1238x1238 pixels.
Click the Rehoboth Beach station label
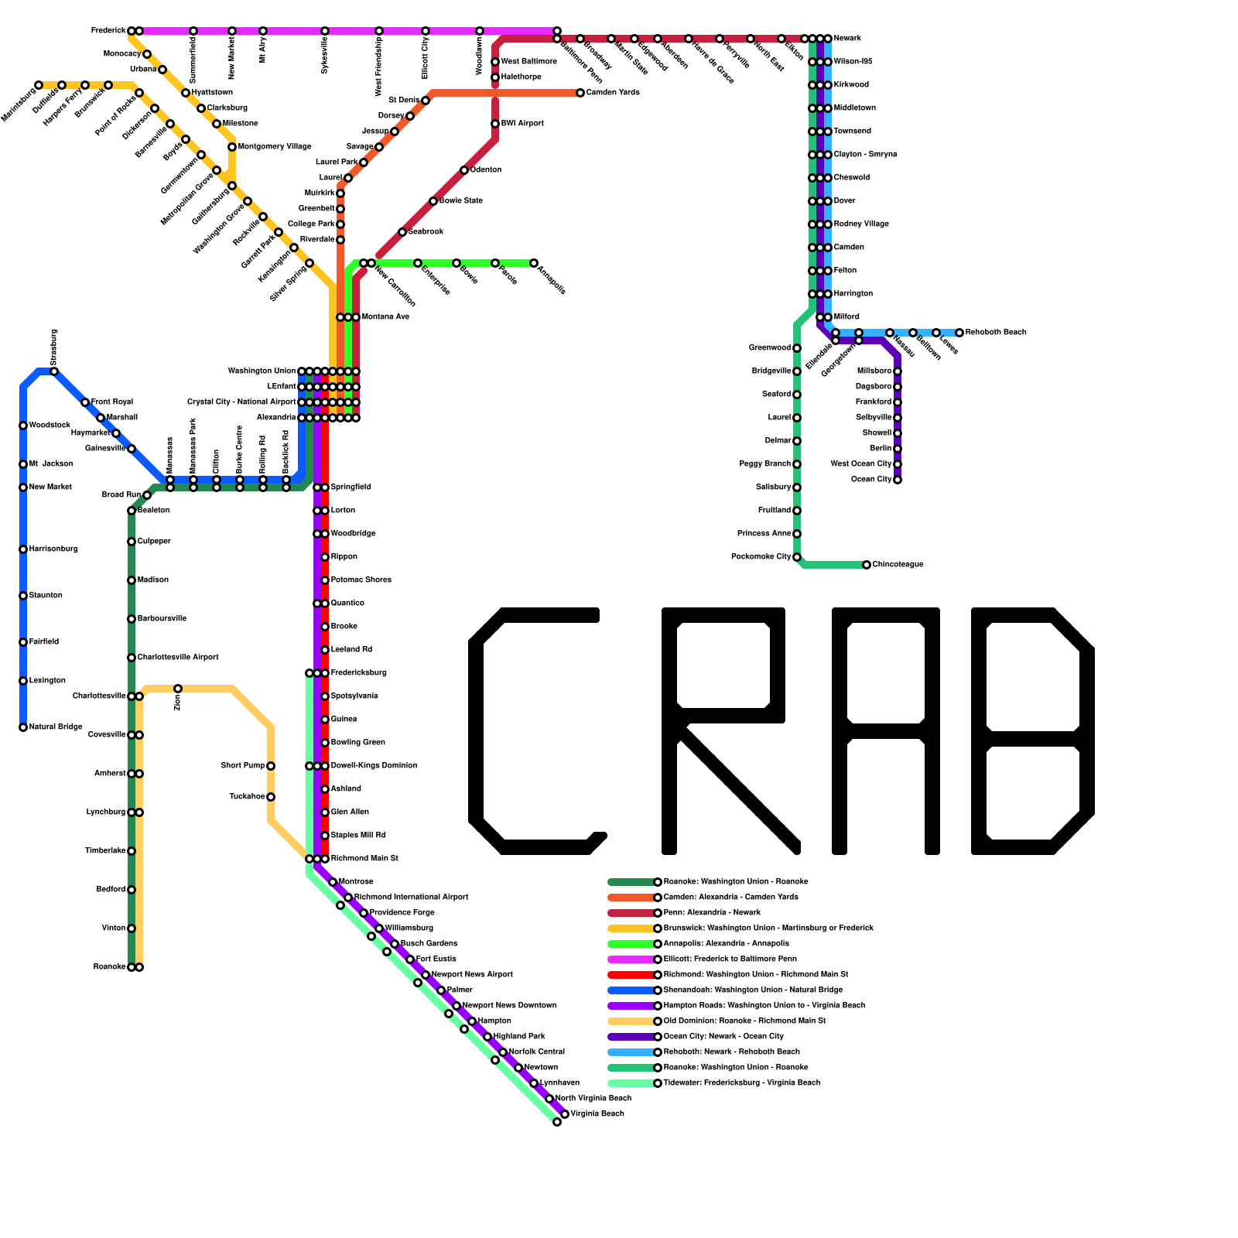pyautogui.click(x=996, y=333)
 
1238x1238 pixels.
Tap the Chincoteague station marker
pyautogui.click(x=867, y=565)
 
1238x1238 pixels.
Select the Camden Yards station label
pyautogui.click(x=613, y=93)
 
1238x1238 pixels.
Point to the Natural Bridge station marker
pyautogui.click(x=23, y=727)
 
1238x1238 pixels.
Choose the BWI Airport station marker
pyautogui.click(x=495, y=124)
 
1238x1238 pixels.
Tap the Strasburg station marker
pyautogui.click(x=54, y=371)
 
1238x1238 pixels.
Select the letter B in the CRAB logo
pyautogui.click(x=1033, y=731)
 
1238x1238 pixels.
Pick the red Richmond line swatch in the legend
pyautogui.click(x=631, y=975)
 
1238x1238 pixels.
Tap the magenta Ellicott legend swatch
pyautogui.click(x=631, y=959)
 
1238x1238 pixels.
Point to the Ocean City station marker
pyautogui.click(x=898, y=480)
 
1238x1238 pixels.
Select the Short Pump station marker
pyautogui.click(x=271, y=766)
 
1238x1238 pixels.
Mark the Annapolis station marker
pyautogui.click(x=534, y=263)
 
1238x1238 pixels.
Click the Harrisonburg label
pyautogui.click(x=53, y=549)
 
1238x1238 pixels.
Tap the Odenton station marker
pyautogui.click(x=464, y=170)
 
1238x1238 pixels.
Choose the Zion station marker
pyautogui.click(x=178, y=689)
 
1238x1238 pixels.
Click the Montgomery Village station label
pyautogui.click(x=275, y=147)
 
